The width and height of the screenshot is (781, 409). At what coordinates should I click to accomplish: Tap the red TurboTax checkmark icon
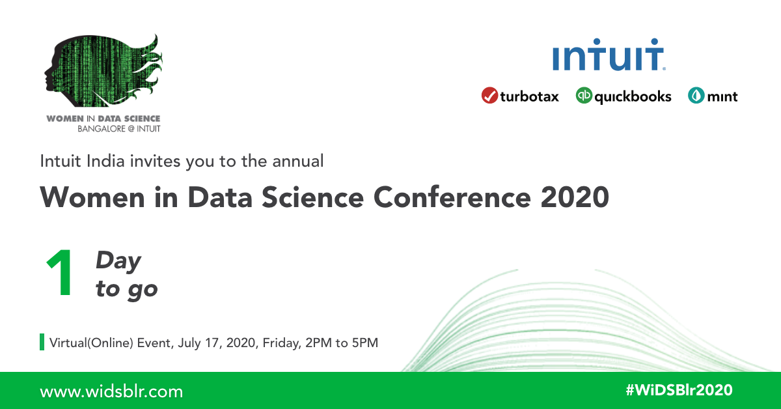pyautogui.click(x=489, y=96)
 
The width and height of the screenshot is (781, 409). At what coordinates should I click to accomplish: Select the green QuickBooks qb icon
pyautogui.click(x=584, y=96)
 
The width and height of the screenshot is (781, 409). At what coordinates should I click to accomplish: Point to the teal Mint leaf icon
pyautogui.click(x=696, y=96)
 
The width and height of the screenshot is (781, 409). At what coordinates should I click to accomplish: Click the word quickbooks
pyautogui.click(x=633, y=96)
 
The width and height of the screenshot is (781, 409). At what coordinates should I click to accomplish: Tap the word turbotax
pyautogui.click(x=529, y=96)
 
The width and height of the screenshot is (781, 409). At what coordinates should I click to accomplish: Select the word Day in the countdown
pyautogui.click(x=118, y=261)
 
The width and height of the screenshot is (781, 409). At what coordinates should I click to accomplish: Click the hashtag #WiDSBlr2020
pyautogui.click(x=679, y=390)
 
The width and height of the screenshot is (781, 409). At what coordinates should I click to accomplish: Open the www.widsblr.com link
pyautogui.click(x=111, y=391)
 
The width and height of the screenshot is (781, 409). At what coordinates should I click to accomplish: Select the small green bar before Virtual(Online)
pyautogui.click(x=42, y=342)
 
